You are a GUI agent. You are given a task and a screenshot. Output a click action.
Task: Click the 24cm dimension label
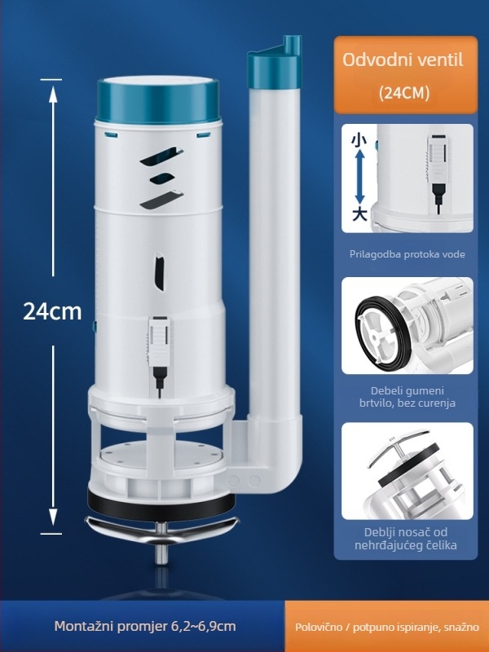[52, 311]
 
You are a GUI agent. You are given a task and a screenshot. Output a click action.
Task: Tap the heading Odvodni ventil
[403, 60]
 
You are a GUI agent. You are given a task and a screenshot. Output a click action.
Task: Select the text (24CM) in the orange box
[403, 93]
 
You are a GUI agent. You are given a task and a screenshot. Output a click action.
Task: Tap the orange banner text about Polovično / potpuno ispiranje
[386, 627]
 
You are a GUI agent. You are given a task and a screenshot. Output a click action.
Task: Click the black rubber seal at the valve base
[161, 506]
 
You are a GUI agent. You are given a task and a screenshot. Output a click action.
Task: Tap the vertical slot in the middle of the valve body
[161, 274]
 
